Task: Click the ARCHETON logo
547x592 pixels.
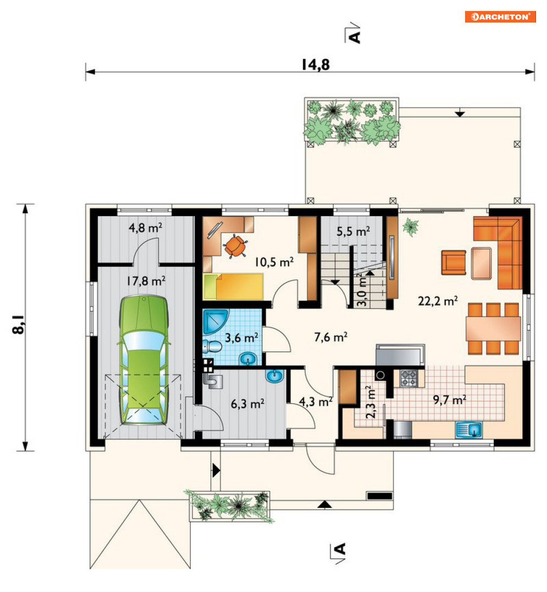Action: [500, 16]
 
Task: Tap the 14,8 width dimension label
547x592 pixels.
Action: [316, 64]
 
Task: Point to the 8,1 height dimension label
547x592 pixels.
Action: [18, 324]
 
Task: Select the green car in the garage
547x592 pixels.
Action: [143, 361]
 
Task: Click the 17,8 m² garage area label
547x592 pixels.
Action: [146, 281]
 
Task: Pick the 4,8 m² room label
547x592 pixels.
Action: [145, 228]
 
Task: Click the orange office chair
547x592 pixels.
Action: [235, 246]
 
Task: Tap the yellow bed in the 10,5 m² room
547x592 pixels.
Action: [233, 286]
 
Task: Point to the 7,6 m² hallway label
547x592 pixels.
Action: [331, 337]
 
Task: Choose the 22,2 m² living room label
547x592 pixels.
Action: [438, 301]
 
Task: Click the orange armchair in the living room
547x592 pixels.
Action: [454, 262]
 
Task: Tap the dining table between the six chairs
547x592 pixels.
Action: [493, 329]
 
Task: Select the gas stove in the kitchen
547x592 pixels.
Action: [408, 378]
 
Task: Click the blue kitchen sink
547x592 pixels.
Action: [468, 430]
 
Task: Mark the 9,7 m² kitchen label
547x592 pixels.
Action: [449, 400]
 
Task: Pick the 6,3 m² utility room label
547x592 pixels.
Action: [247, 403]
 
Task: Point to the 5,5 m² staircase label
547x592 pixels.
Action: [353, 231]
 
